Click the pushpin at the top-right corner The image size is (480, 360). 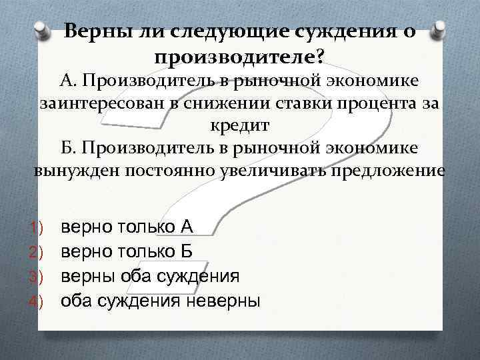(437, 30)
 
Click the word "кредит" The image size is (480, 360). (240, 126)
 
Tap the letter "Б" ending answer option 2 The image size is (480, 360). (187, 251)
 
